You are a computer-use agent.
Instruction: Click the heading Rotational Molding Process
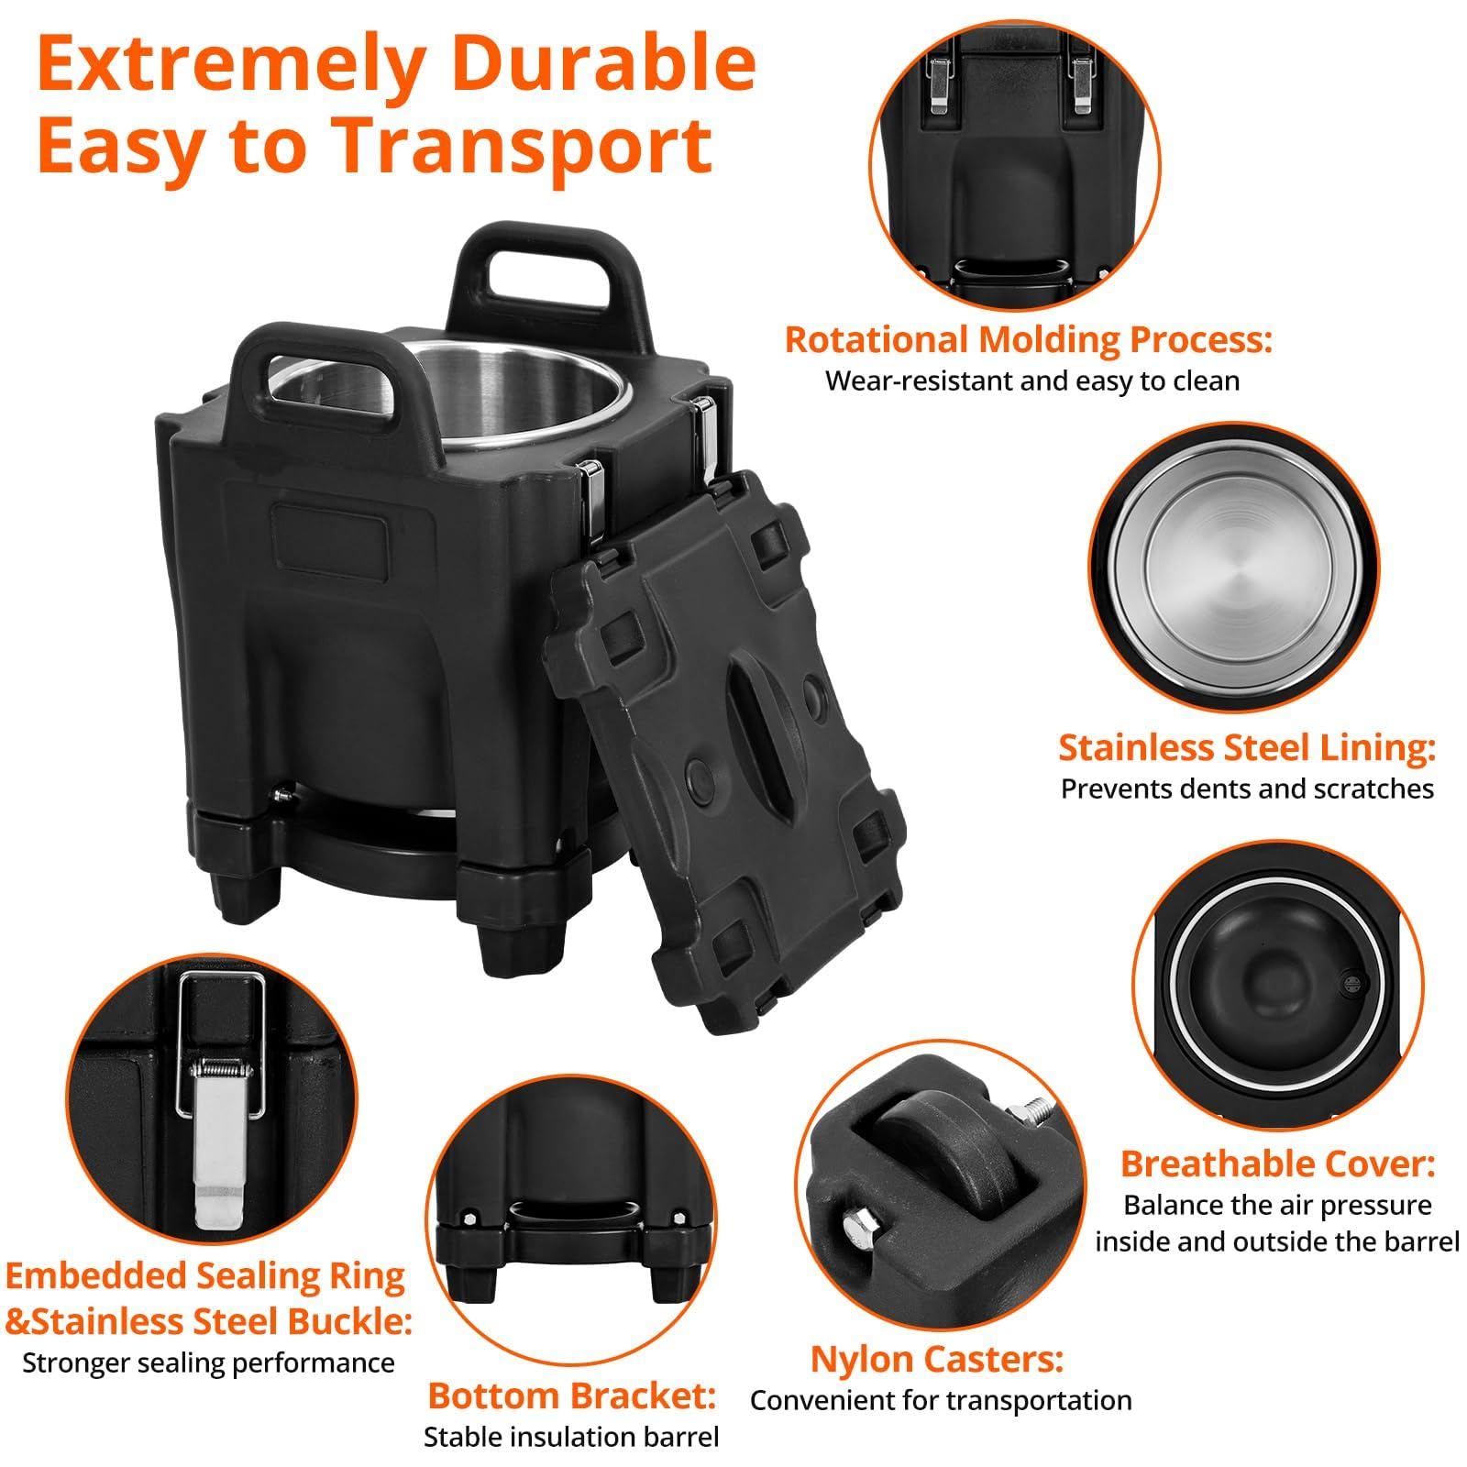[1029, 340]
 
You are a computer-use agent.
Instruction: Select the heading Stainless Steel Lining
[1247, 747]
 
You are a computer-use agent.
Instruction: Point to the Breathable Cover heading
[1277, 1164]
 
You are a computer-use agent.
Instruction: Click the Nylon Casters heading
[937, 1359]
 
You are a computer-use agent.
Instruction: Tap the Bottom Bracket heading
[571, 1395]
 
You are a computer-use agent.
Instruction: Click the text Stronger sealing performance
[208, 1362]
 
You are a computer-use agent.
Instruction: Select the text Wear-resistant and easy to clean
[1032, 381]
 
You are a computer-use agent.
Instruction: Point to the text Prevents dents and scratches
[1247, 789]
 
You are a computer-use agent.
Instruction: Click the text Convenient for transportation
[941, 1400]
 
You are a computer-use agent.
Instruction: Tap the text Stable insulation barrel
[571, 1437]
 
